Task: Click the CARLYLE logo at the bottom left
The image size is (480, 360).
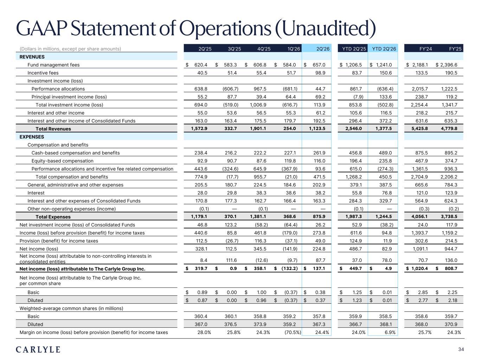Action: pos(38,349)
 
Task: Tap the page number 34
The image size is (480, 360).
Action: pos(461,349)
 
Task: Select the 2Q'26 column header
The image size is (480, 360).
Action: pos(323,49)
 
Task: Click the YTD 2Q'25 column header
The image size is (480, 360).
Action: pos(354,49)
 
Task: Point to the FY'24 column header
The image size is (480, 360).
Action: pos(425,49)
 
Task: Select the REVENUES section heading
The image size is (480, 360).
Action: pos(32,57)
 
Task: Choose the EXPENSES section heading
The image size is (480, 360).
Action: pos(32,137)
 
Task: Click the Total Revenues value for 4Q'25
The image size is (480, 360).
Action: pos(258,129)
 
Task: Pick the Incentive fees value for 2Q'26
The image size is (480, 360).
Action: pos(320,73)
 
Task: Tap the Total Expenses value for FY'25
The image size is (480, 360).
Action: pos(449,217)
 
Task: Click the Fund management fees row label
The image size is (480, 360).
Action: pos(53,65)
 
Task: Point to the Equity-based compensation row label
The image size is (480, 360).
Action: pos(62,161)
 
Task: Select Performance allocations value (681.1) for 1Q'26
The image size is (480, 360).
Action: pos(290,89)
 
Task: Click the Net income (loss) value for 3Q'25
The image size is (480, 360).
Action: pos(232,249)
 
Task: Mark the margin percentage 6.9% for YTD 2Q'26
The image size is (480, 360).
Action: pos(390,333)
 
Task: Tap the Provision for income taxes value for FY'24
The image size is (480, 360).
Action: pos(421,241)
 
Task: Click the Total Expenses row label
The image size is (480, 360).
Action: pos(53,217)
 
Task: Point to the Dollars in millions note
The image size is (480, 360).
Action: pos(70,49)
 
